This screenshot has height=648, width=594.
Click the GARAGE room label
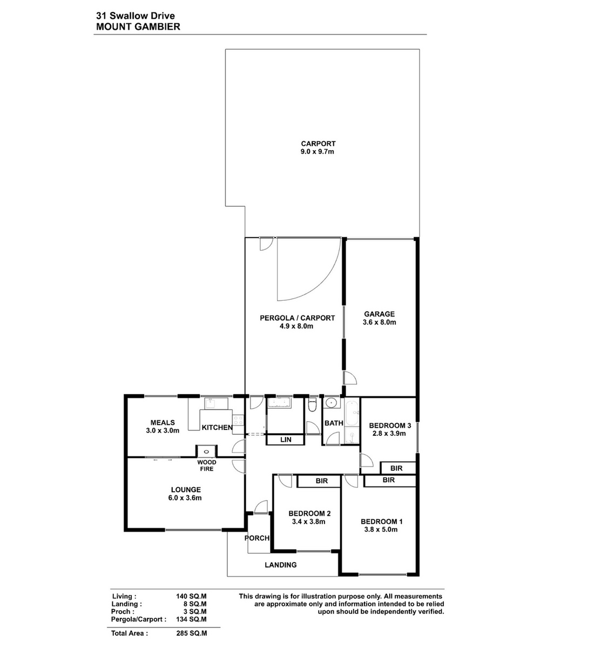[x=379, y=314]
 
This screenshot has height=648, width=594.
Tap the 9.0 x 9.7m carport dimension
[x=317, y=152]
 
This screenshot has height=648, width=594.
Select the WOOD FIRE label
[x=206, y=465]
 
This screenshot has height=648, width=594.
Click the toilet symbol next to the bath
[x=312, y=405]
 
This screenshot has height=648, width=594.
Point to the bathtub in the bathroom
[x=352, y=413]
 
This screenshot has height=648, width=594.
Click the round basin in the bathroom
[x=331, y=403]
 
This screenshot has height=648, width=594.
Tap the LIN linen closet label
[x=286, y=440]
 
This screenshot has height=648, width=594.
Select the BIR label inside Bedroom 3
[x=396, y=468]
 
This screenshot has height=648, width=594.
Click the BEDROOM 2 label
[x=309, y=514]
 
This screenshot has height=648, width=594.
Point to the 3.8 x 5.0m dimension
[x=381, y=529]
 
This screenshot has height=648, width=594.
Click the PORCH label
[x=257, y=538]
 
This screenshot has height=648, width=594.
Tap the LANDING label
[x=280, y=565]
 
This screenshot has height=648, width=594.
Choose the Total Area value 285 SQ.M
[x=191, y=633]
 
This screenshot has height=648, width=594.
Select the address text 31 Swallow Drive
[x=136, y=16]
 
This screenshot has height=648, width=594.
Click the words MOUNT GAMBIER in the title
[x=138, y=27]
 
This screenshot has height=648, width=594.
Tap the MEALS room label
[x=163, y=422]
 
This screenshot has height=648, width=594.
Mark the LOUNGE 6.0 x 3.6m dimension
[x=185, y=498]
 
